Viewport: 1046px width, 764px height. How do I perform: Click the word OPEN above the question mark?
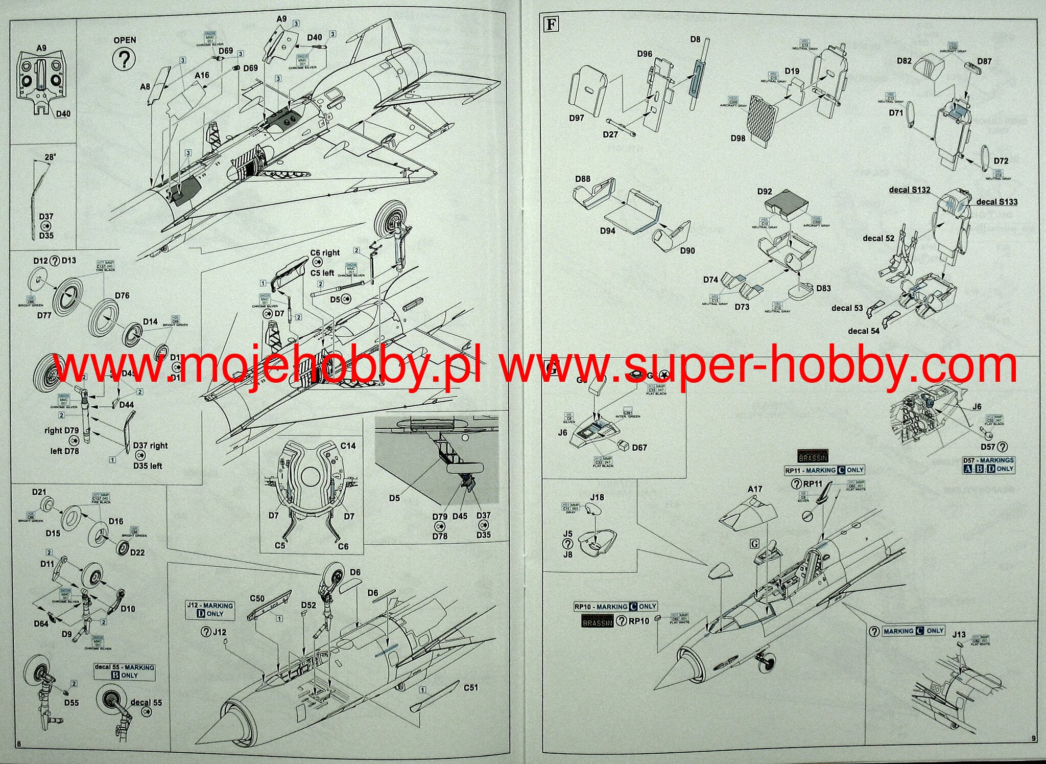(x=125, y=40)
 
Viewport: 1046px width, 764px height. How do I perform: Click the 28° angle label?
(x=50, y=157)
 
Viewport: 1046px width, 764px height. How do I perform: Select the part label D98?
(x=738, y=138)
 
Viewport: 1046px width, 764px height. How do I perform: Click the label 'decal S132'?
(x=909, y=190)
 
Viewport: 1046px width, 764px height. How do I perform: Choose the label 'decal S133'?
(x=996, y=202)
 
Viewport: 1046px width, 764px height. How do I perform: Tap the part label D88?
(x=582, y=179)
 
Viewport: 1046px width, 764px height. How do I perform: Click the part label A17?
(x=755, y=489)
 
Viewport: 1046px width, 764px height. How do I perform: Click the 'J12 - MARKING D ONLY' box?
(x=210, y=610)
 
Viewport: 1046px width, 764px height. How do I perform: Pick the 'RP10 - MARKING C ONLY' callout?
(x=615, y=607)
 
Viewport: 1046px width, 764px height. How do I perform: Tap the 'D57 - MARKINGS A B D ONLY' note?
(x=988, y=465)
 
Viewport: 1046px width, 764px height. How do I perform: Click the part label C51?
(x=470, y=687)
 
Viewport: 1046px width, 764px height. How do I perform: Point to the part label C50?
(x=257, y=598)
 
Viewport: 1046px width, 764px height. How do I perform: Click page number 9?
(x=1033, y=752)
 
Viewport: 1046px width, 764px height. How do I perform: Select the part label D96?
(x=645, y=54)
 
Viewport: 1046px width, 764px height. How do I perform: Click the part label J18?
(x=597, y=497)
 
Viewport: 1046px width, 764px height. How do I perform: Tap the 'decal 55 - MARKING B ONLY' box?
(x=124, y=671)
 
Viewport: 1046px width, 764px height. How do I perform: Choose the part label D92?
(x=764, y=192)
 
